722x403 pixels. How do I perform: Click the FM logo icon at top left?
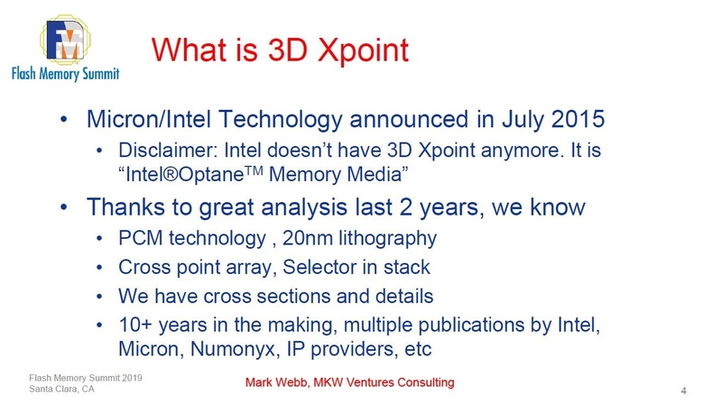tap(64, 41)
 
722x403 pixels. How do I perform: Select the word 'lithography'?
tap(390, 239)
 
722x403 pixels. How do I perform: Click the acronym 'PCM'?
tap(139, 239)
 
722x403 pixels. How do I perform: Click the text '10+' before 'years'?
tap(135, 323)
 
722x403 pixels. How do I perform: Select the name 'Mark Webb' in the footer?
tap(280, 383)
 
